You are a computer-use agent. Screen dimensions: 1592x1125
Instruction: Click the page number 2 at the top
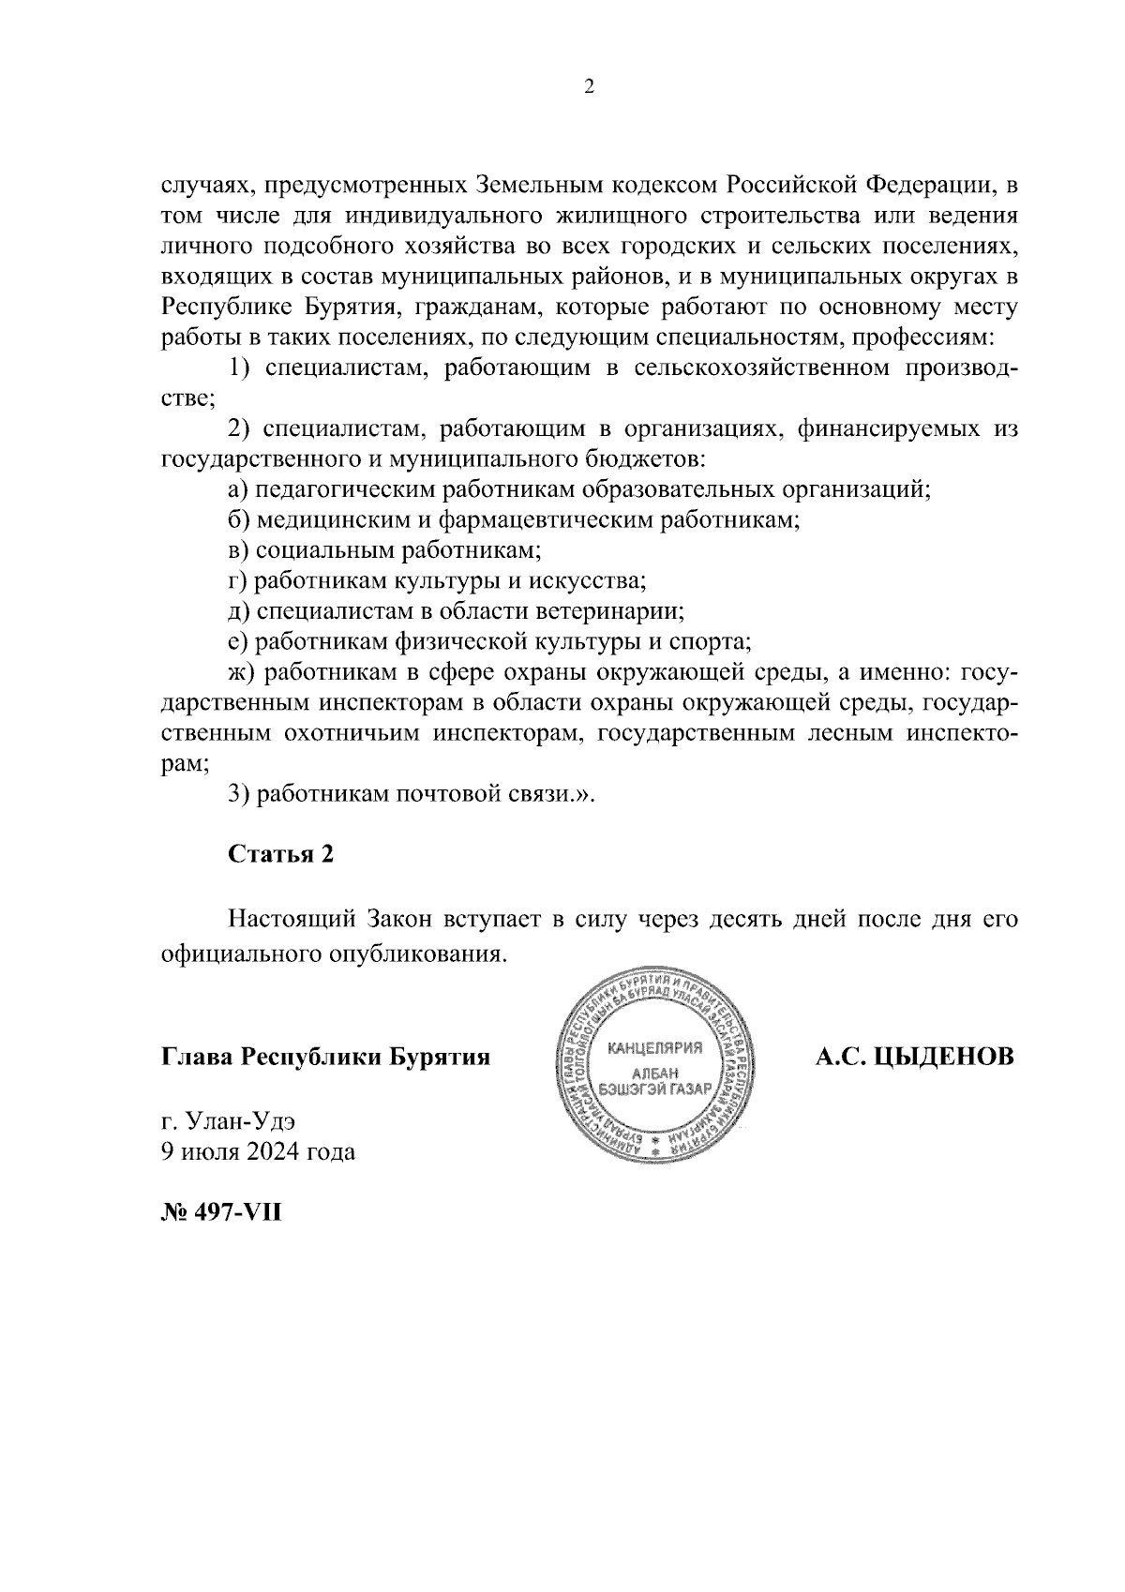pyautogui.click(x=589, y=87)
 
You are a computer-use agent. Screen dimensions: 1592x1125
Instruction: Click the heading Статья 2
pyautogui.click(x=280, y=855)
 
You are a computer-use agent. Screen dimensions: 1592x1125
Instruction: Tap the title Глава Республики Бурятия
pyautogui.click(x=326, y=1057)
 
